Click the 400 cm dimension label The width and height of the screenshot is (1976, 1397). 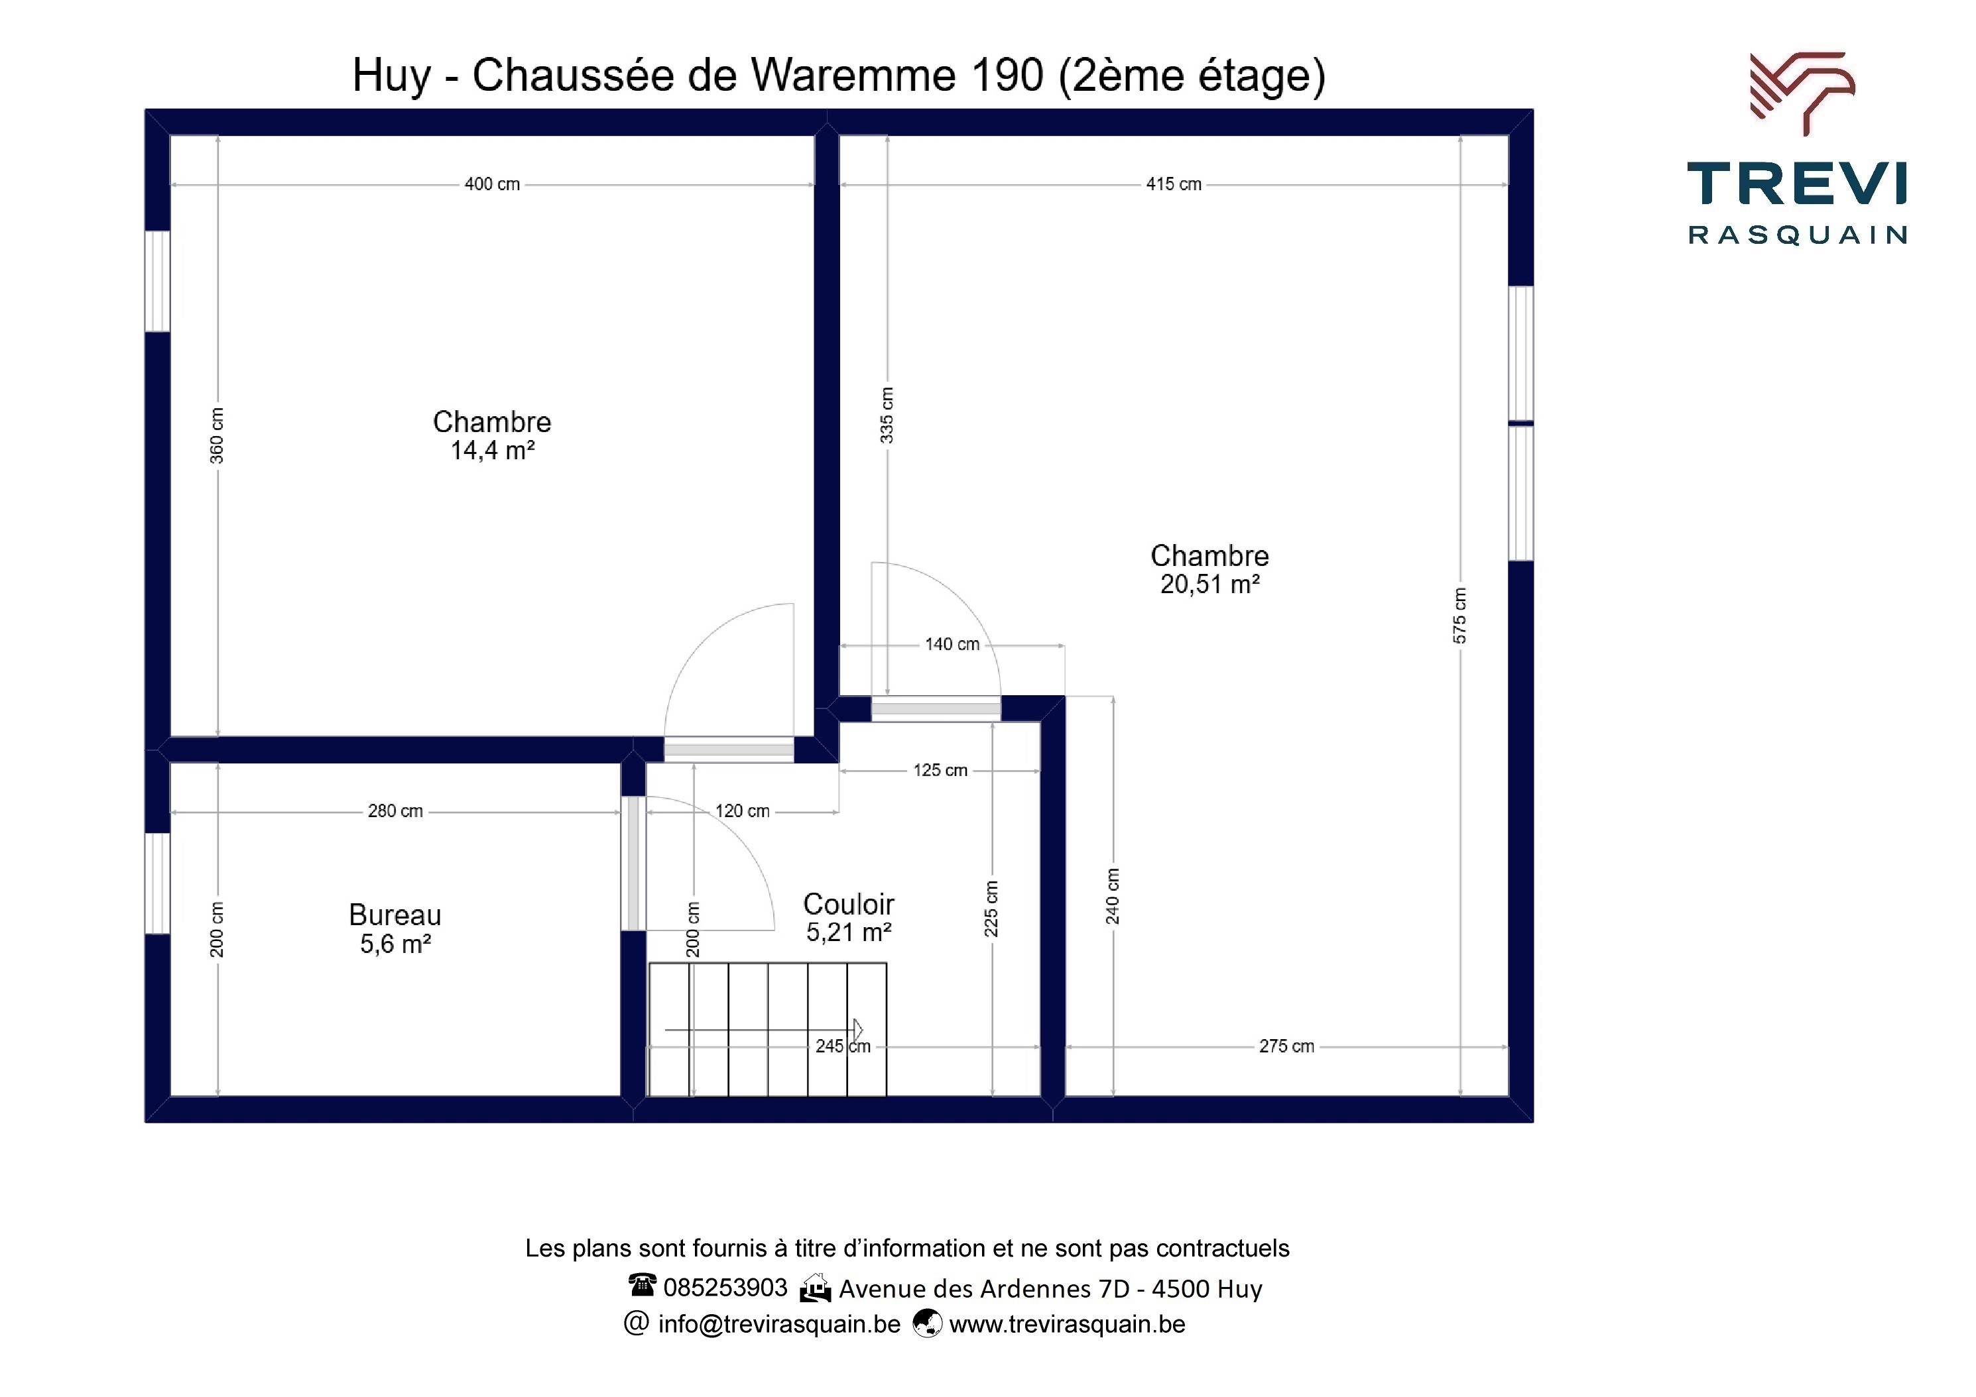tap(492, 184)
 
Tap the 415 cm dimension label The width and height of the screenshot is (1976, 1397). tap(1173, 184)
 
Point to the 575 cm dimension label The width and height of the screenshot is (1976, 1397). tap(1459, 615)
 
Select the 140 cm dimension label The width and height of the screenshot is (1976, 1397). tap(952, 644)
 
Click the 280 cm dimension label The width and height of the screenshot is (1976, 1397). tap(395, 811)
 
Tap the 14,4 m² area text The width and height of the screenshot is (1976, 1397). tap(492, 451)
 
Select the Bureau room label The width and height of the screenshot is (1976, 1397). tap(395, 915)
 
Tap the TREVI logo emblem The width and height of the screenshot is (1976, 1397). tap(1802, 93)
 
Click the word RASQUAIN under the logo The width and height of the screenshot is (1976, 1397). tap(1798, 235)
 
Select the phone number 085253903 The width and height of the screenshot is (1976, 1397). tap(725, 1288)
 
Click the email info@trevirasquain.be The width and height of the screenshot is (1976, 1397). tap(779, 1324)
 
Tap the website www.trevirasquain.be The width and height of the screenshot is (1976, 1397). tap(1067, 1324)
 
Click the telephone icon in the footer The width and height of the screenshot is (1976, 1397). tap(642, 1285)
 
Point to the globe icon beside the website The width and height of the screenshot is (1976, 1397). tap(927, 1323)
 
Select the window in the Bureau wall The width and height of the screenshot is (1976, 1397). tap(156, 883)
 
